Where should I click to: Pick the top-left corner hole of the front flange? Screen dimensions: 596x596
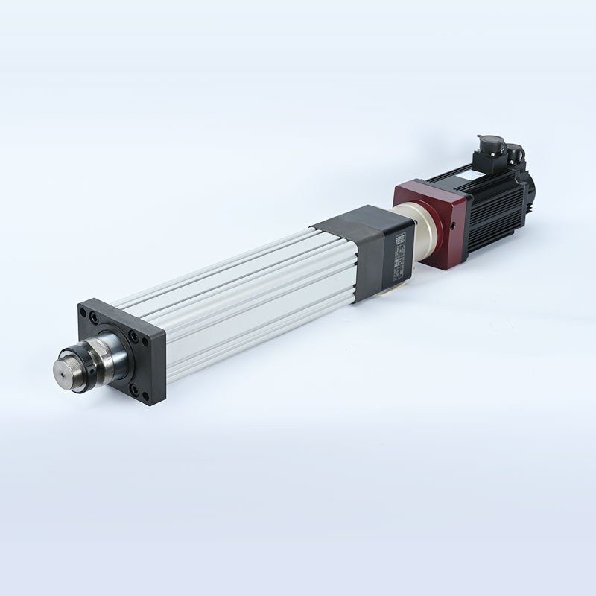(93, 316)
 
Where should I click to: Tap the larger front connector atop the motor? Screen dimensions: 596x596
(490, 146)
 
